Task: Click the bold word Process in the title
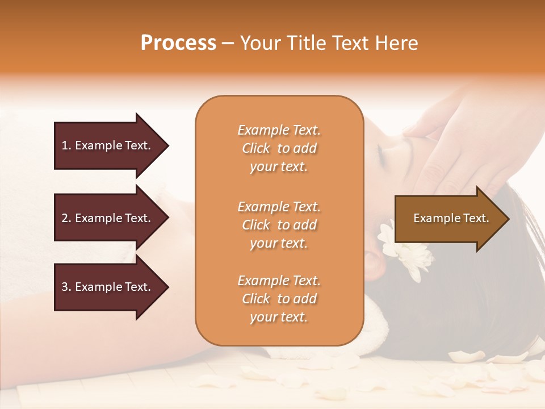[178, 43]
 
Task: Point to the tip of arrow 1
[168, 145]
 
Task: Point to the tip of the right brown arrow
[509, 219]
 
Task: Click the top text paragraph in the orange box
[279, 148]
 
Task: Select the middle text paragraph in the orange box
[279, 225]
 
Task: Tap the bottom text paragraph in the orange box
[279, 299]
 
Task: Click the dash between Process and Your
[228, 43]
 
